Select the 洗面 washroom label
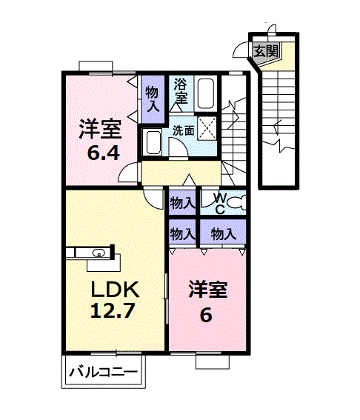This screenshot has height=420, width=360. (183, 130)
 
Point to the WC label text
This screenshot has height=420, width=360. (220, 202)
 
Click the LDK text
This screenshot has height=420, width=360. (114, 287)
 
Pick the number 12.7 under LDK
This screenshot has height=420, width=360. (113, 311)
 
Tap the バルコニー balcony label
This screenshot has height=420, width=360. (104, 372)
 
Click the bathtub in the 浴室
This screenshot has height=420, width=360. (206, 93)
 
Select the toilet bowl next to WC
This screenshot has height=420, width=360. (237, 201)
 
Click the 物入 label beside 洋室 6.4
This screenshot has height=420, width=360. (152, 99)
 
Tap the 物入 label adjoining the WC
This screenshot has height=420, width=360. (181, 201)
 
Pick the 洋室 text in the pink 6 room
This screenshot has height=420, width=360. (207, 288)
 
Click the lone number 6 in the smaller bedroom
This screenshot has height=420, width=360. (205, 314)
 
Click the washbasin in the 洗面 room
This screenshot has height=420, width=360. (154, 141)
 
